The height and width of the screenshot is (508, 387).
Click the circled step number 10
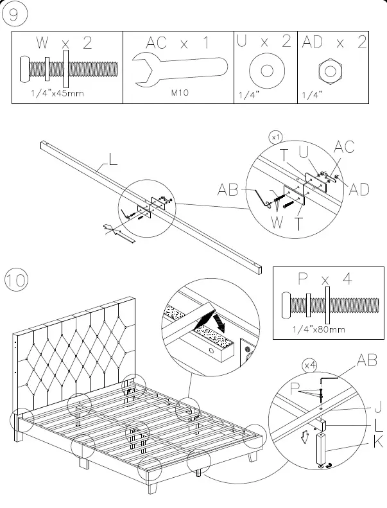pos(17,281)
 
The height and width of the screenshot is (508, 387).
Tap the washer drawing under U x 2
pos(264,69)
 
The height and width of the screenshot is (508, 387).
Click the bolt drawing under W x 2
pos(68,68)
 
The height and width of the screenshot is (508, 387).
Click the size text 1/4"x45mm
pos(58,94)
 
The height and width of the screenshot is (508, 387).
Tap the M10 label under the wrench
pos(179,93)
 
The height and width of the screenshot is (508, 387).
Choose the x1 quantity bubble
pos(276,137)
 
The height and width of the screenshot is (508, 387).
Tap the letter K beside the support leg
pos(378,442)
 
